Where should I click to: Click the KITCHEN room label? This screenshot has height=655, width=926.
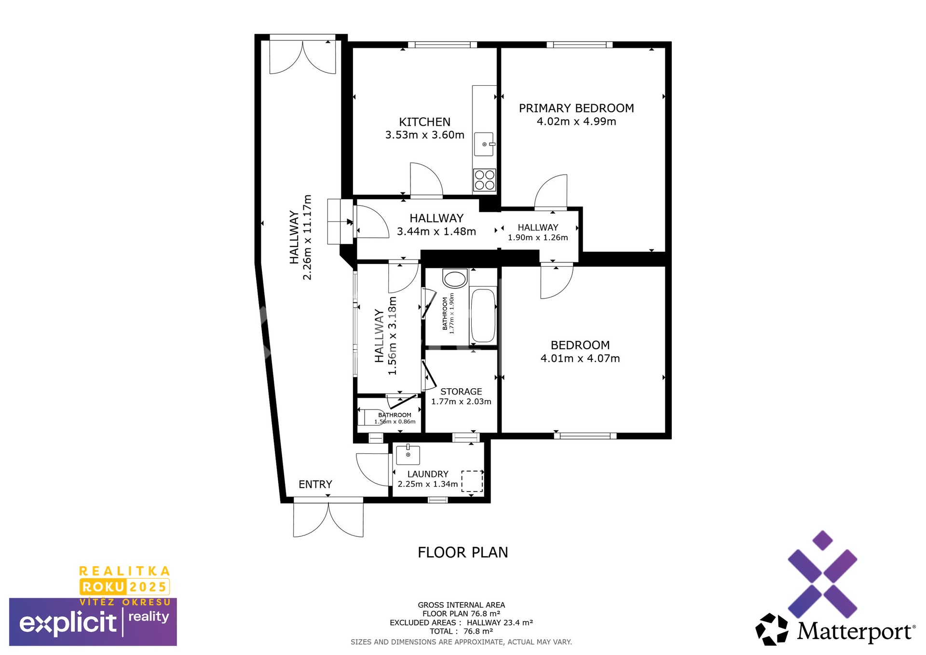click(x=424, y=122)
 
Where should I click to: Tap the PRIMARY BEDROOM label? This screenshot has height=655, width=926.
click(x=576, y=108)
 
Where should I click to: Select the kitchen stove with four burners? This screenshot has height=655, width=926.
click(x=484, y=179)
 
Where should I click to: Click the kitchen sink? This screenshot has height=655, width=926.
click(x=484, y=144)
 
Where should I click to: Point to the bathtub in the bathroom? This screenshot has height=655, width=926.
click(x=483, y=315)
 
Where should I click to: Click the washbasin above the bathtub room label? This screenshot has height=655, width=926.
click(x=455, y=278)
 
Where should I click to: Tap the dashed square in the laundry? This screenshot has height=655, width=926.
click(x=472, y=481)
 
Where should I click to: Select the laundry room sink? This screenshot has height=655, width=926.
click(x=408, y=455)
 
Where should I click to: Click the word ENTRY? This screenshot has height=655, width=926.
click(x=315, y=484)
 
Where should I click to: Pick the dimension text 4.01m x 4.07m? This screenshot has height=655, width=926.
click(x=580, y=358)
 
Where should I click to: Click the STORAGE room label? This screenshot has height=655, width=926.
click(x=461, y=392)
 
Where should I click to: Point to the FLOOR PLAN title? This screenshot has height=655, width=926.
click(x=463, y=552)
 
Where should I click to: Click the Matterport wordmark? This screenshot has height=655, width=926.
click(x=856, y=631)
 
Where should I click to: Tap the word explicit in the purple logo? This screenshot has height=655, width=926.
click(x=68, y=623)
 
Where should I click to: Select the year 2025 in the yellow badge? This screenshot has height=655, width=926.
click(x=148, y=587)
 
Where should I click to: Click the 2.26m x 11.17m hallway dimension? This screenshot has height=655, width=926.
click(x=307, y=237)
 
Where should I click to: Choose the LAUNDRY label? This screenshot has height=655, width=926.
click(x=428, y=474)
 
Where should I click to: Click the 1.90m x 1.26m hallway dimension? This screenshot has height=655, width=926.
click(x=538, y=238)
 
